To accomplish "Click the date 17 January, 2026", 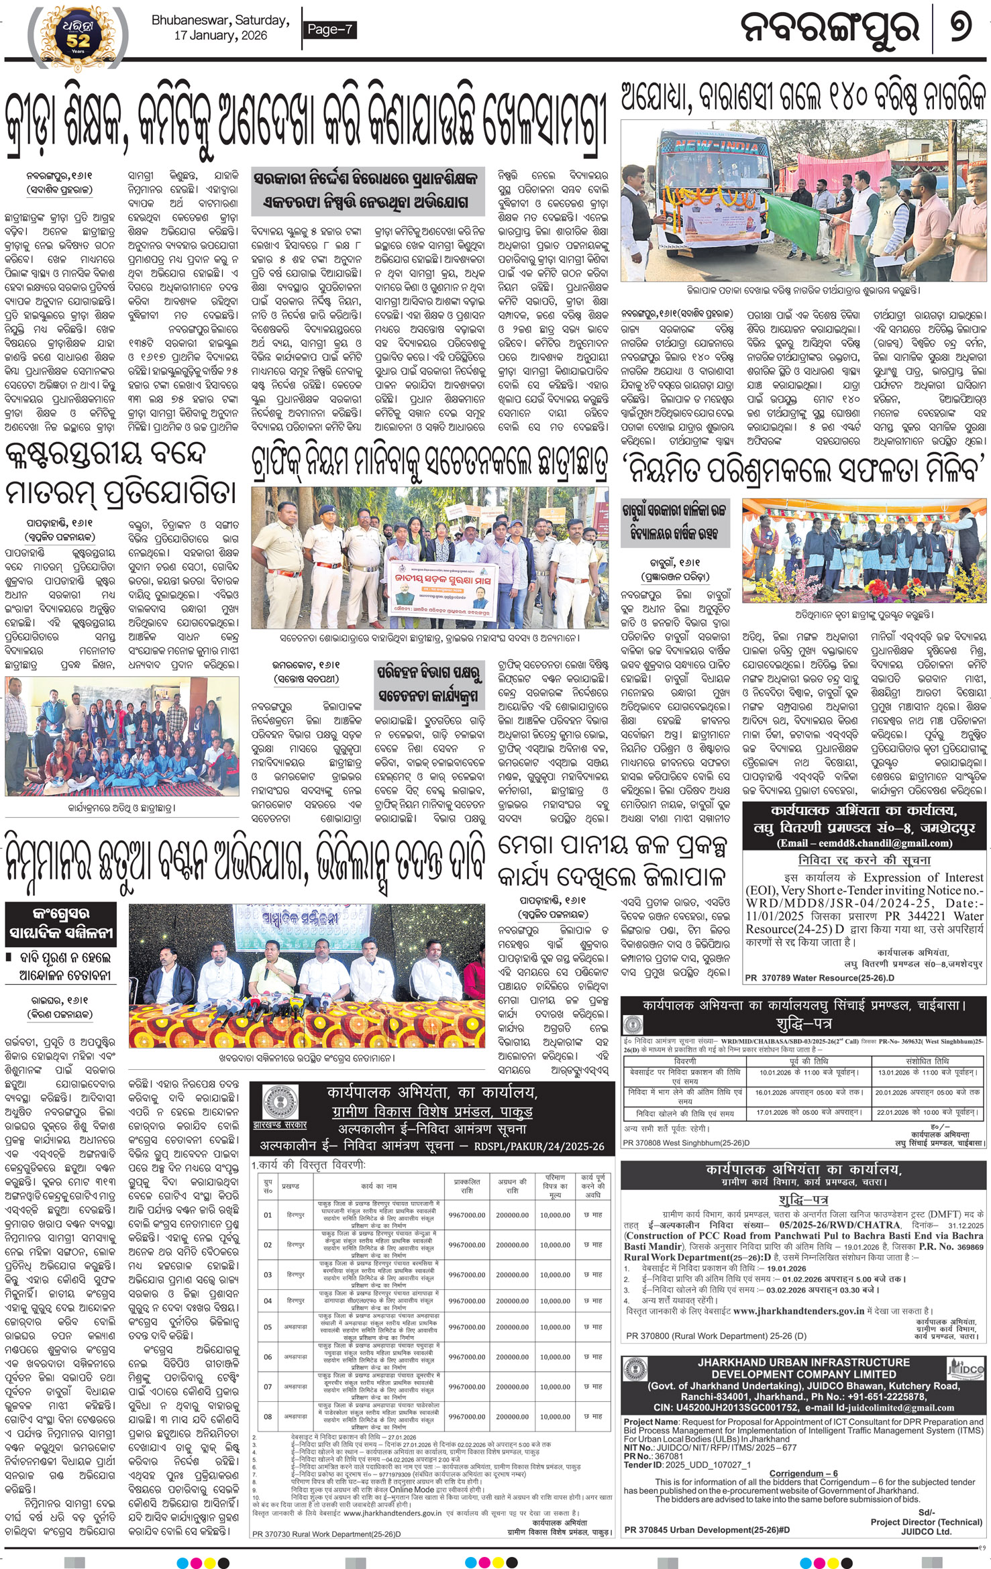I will (x=220, y=36).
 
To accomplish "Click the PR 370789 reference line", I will (x=819, y=978).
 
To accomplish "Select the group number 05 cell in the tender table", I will (x=268, y=1327).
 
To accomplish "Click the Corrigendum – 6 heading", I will (x=803, y=1473).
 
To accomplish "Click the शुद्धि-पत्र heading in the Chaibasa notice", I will (x=801, y=1024).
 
